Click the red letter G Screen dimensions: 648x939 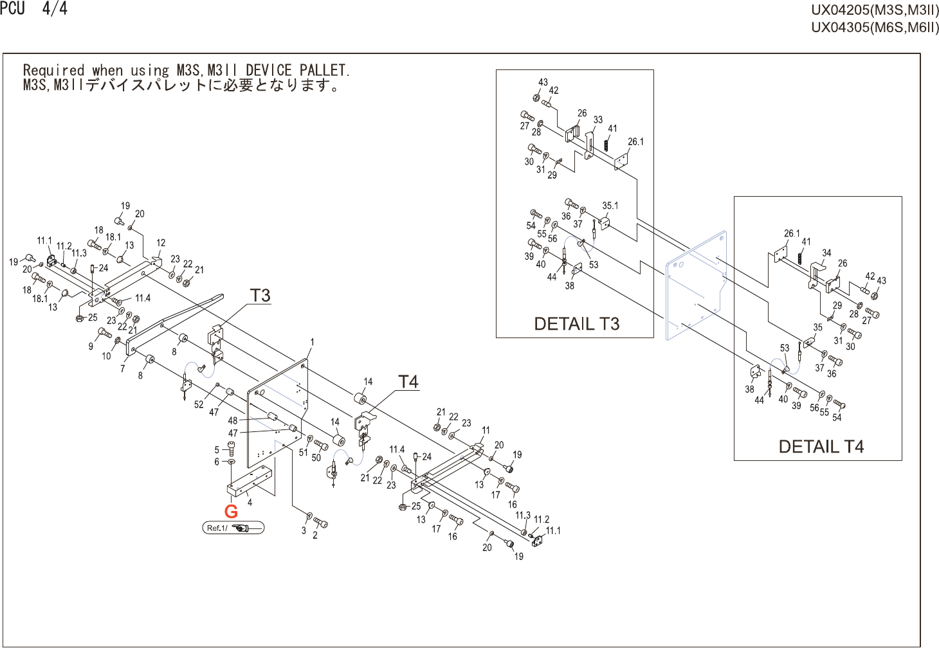tap(231, 512)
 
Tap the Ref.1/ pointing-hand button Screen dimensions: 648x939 tap(233, 528)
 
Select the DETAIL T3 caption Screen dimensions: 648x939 tap(576, 323)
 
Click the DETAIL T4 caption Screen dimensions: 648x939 tap(821, 447)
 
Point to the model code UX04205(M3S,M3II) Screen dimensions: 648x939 tap(874, 10)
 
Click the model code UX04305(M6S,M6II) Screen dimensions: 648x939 tap(874, 27)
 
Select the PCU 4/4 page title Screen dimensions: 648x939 tap(33, 9)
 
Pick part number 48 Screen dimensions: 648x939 tap(233, 421)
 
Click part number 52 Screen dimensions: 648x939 tap(199, 404)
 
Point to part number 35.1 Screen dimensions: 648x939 tap(610, 206)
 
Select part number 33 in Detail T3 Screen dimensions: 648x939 tap(598, 120)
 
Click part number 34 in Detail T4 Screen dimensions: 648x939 tap(826, 253)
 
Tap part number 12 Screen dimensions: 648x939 tap(161, 243)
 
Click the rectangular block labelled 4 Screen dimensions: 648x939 tap(249, 482)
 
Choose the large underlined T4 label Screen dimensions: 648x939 tap(408, 382)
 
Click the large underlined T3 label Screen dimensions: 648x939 tap(260, 295)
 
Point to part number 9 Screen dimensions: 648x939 tap(91, 346)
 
